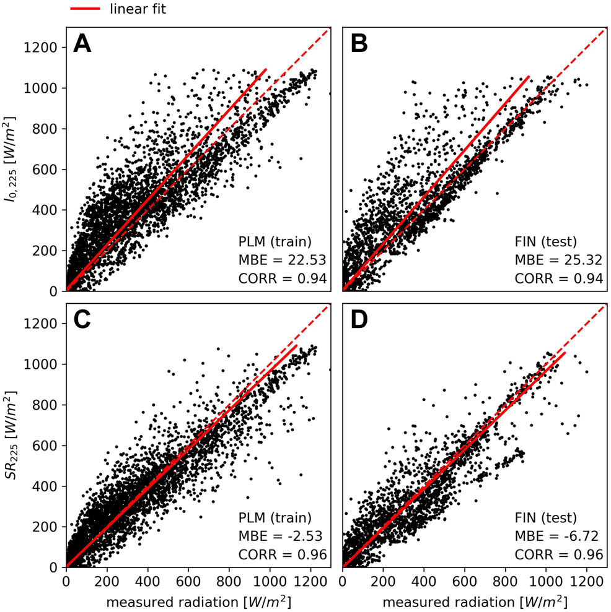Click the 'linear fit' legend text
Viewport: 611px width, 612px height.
pyautogui.click(x=137, y=9)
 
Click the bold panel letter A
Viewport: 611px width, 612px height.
pyautogui.click(x=82, y=44)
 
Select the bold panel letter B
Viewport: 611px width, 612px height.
pyautogui.click(x=359, y=44)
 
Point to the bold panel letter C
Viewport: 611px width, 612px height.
pyautogui.click(x=83, y=321)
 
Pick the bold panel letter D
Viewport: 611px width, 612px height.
pyautogui.click(x=359, y=321)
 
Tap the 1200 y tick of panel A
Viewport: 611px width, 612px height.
pyautogui.click(x=44, y=48)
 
